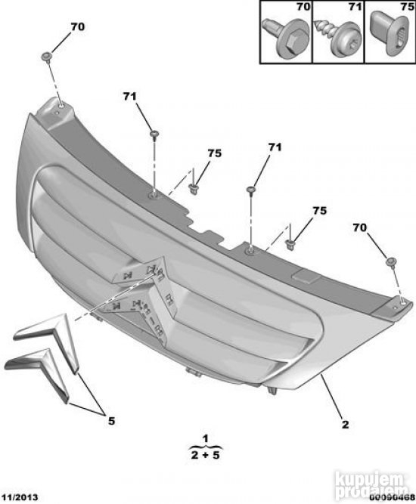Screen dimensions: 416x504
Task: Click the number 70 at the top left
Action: tap(78, 26)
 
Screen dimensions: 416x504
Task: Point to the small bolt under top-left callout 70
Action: tap(47, 57)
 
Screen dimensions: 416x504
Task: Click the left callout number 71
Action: tap(129, 96)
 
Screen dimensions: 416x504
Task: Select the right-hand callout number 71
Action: tap(275, 147)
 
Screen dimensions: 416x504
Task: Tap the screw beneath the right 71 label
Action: tap(250, 190)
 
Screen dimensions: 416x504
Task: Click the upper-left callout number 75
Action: tap(215, 153)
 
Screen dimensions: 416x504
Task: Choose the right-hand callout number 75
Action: tap(319, 211)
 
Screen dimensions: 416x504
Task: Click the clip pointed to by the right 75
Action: tap(290, 243)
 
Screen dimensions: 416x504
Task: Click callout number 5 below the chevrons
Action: tap(111, 421)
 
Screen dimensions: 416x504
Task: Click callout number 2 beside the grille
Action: tap(345, 425)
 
